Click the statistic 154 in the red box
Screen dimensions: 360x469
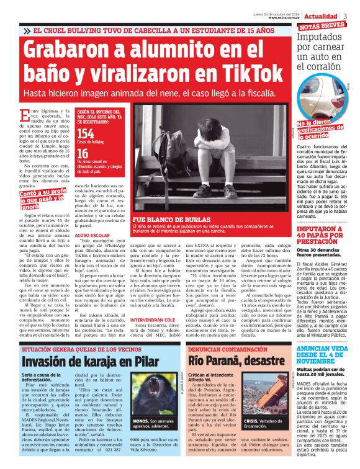point(86,133)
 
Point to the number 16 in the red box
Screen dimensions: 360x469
point(82,154)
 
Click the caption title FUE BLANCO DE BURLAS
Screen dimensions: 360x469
point(163,219)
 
